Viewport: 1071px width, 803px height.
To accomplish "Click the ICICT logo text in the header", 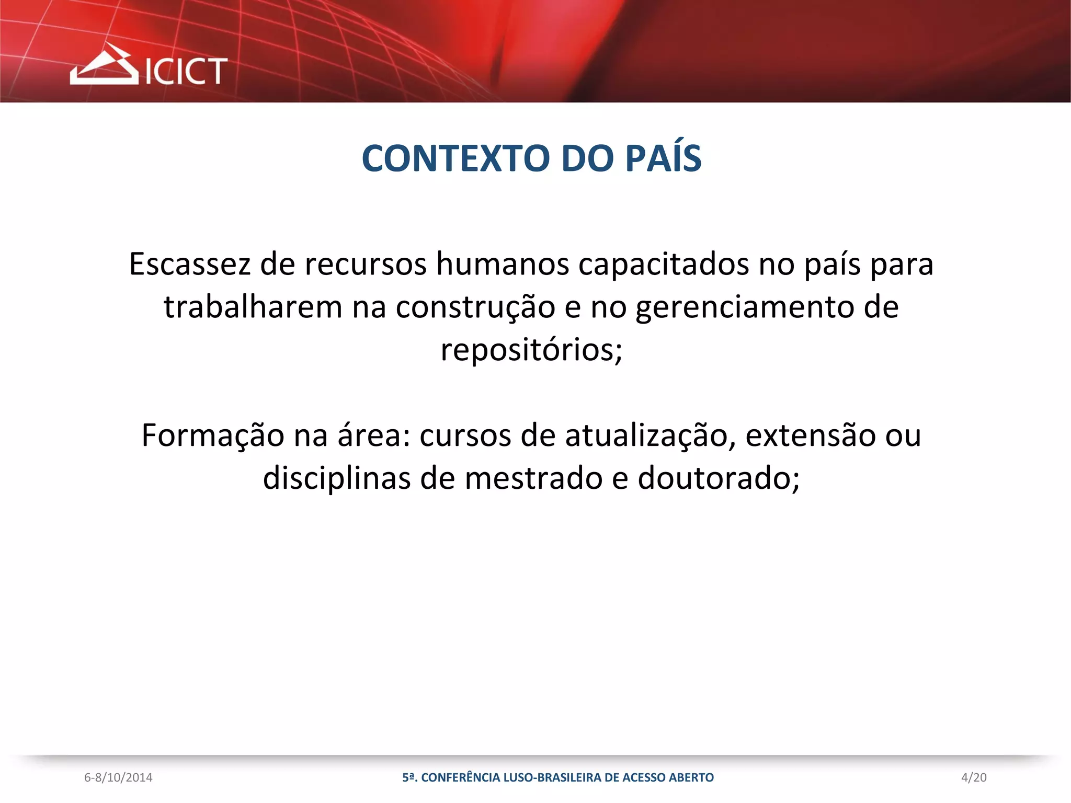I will coord(186,71).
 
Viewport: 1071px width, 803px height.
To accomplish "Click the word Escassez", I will coord(190,264).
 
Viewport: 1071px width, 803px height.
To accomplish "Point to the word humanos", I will coord(503,264).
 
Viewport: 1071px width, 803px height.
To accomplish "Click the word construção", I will coord(475,307).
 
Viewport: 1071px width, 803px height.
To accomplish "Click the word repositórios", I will coord(531,350).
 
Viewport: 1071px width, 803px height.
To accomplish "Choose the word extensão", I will coord(810,436).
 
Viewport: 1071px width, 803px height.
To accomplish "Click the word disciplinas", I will coord(336,478).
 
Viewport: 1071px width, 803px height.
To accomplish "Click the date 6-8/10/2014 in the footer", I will coord(118,778).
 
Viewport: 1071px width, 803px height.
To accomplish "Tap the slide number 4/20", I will coord(974,778).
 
